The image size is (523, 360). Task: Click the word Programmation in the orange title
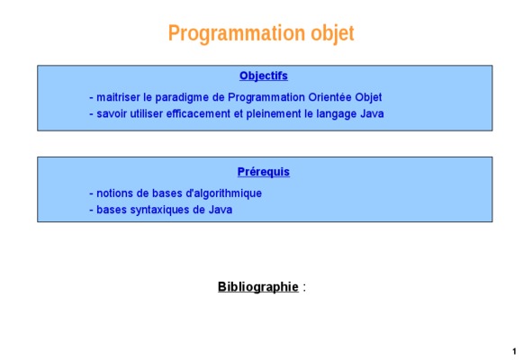tap(237, 33)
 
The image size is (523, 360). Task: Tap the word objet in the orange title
tap(332, 33)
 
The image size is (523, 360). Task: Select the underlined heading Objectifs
tap(264, 76)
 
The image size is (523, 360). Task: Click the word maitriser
tap(118, 97)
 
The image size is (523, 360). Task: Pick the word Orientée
tap(329, 97)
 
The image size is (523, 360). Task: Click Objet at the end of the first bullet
tap(368, 98)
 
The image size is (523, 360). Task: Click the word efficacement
tap(198, 114)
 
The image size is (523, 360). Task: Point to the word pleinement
tap(274, 114)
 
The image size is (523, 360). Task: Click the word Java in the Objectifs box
tap(372, 114)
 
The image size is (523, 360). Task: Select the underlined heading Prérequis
tap(264, 172)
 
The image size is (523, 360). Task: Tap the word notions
tap(114, 193)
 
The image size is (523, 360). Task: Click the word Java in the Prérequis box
tap(221, 210)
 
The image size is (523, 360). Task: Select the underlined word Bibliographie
tap(258, 287)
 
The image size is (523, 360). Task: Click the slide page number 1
tap(514, 351)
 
